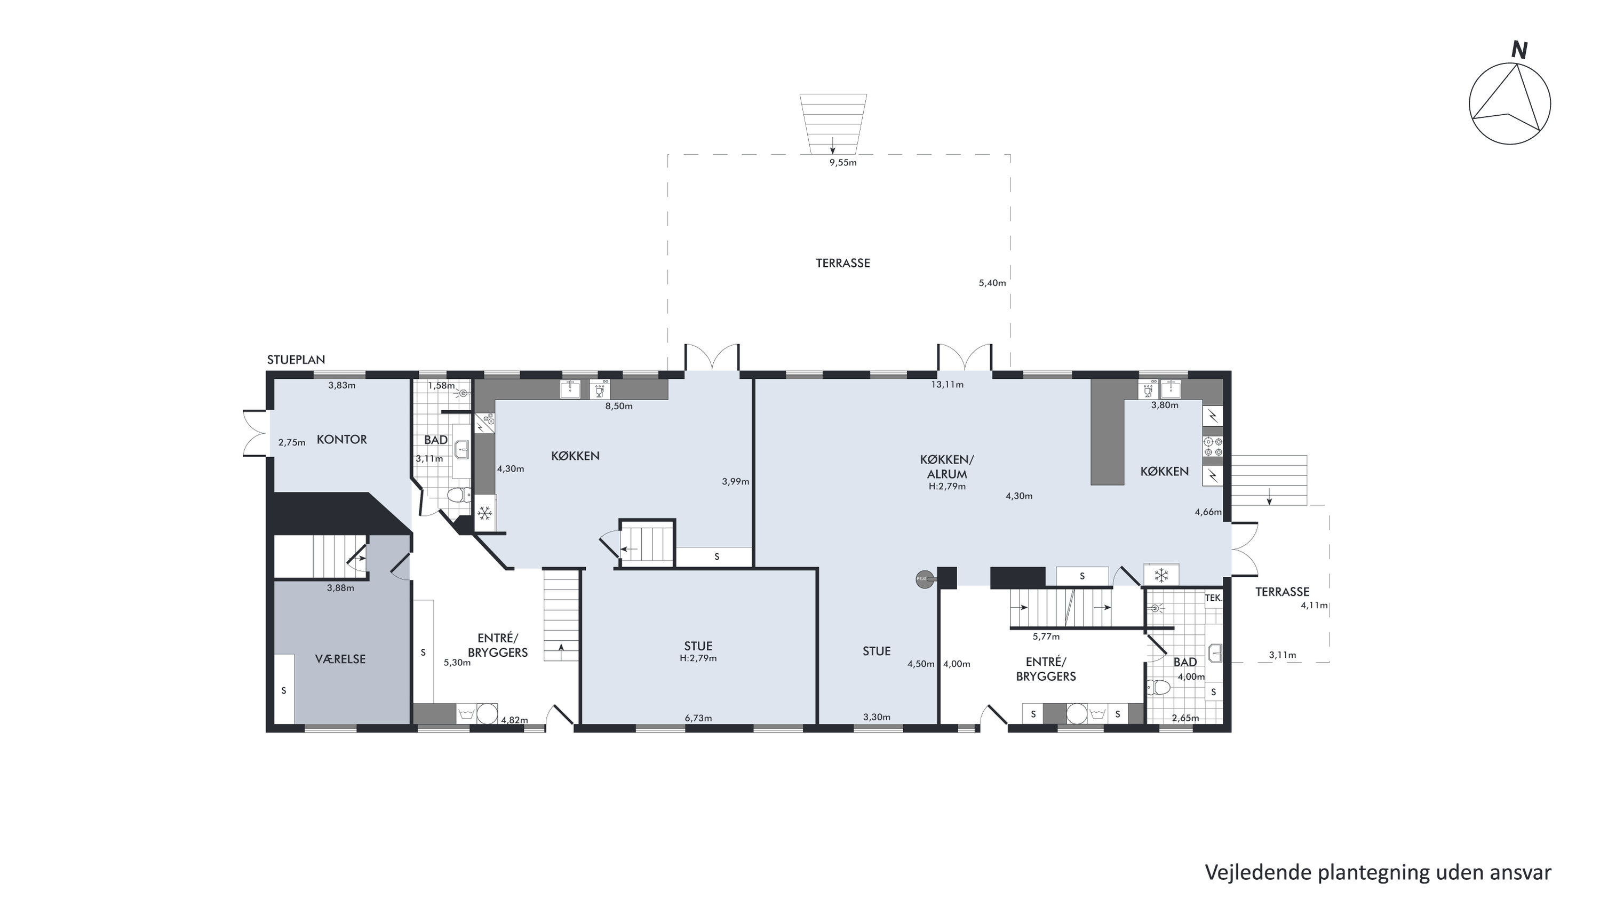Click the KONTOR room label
341,440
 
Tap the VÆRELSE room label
340,659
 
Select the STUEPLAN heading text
296,360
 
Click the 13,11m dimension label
947,385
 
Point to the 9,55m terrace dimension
843,163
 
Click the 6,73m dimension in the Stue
698,718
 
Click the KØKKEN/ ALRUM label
947,467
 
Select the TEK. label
1214,598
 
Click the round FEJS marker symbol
924,579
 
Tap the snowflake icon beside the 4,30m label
484,513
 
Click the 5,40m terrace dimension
992,283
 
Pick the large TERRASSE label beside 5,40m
842,264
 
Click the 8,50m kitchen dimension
619,407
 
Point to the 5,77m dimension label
1046,637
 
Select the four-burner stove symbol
1213,447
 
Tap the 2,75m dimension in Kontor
292,443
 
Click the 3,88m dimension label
340,588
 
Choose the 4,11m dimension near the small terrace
1314,606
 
